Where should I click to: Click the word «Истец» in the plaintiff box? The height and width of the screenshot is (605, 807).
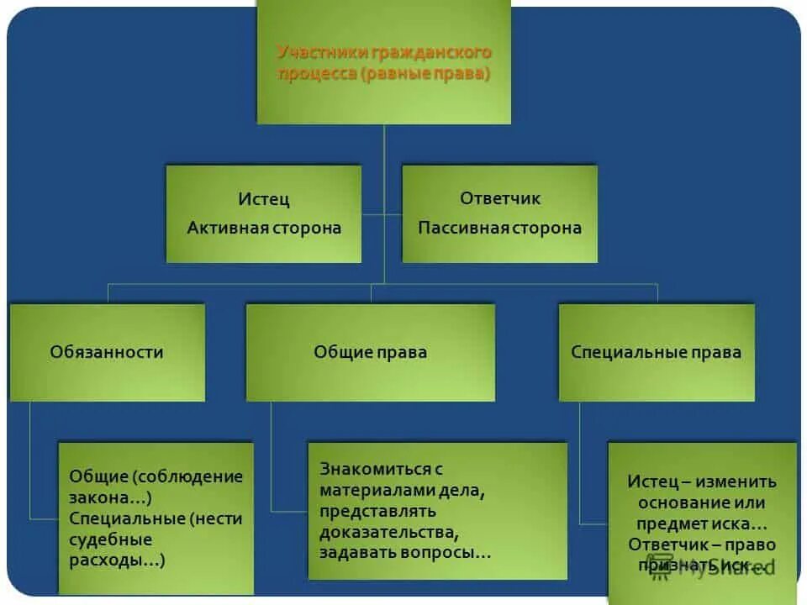263,199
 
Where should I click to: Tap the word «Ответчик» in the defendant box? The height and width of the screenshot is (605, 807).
500,198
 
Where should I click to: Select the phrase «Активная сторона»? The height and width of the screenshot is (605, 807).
264,228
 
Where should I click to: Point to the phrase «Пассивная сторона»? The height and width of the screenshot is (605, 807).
500,228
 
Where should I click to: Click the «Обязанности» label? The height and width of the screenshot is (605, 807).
107,352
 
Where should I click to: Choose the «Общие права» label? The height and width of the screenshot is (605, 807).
370,352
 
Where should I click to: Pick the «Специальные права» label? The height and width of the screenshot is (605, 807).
657,352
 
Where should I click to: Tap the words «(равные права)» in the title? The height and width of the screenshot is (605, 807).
426,74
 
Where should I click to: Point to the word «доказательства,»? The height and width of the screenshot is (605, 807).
389,532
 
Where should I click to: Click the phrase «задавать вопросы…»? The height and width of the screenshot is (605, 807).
405,553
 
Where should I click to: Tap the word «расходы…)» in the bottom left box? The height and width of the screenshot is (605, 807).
117,560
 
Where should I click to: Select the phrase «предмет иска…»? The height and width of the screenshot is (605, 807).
702,523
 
